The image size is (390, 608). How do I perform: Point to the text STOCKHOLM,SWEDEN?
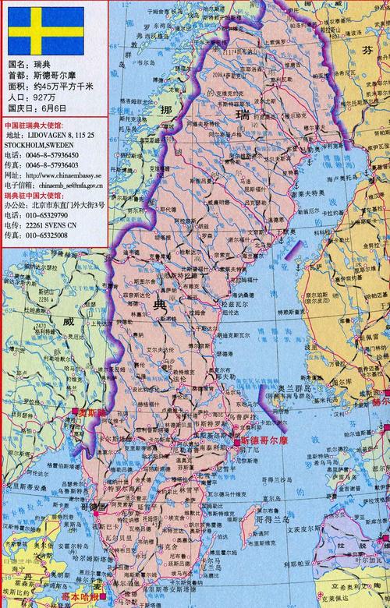(x=40, y=145)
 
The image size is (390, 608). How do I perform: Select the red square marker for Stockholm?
(x=236, y=442)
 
